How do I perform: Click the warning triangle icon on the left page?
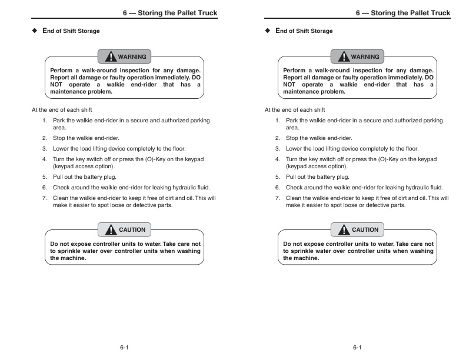pyautogui.click(x=111, y=56)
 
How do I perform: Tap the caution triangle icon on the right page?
pyautogui.click(x=344, y=229)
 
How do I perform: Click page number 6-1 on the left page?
pyautogui.click(x=124, y=348)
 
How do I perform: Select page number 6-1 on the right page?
pyautogui.click(x=357, y=348)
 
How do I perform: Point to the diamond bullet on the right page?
pyautogui.click(x=268, y=31)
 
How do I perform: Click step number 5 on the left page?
pyautogui.click(x=44, y=176)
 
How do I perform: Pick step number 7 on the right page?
pyautogui.click(x=277, y=198)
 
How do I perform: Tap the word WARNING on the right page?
pyautogui.click(x=365, y=56)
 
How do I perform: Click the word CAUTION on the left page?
pyautogui.click(x=132, y=229)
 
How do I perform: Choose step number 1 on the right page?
pyautogui.click(x=277, y=121)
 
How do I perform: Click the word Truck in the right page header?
pyautogui.click(x=439, y=13)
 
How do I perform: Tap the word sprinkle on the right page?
pyautogui.click(x=304, y=251)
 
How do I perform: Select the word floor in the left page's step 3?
pyautogui.click(x=178, y=149)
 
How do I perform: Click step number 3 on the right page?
pyautogui.click(x=277, y=149)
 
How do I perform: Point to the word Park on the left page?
pyautogui.click(x=59, y=121)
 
